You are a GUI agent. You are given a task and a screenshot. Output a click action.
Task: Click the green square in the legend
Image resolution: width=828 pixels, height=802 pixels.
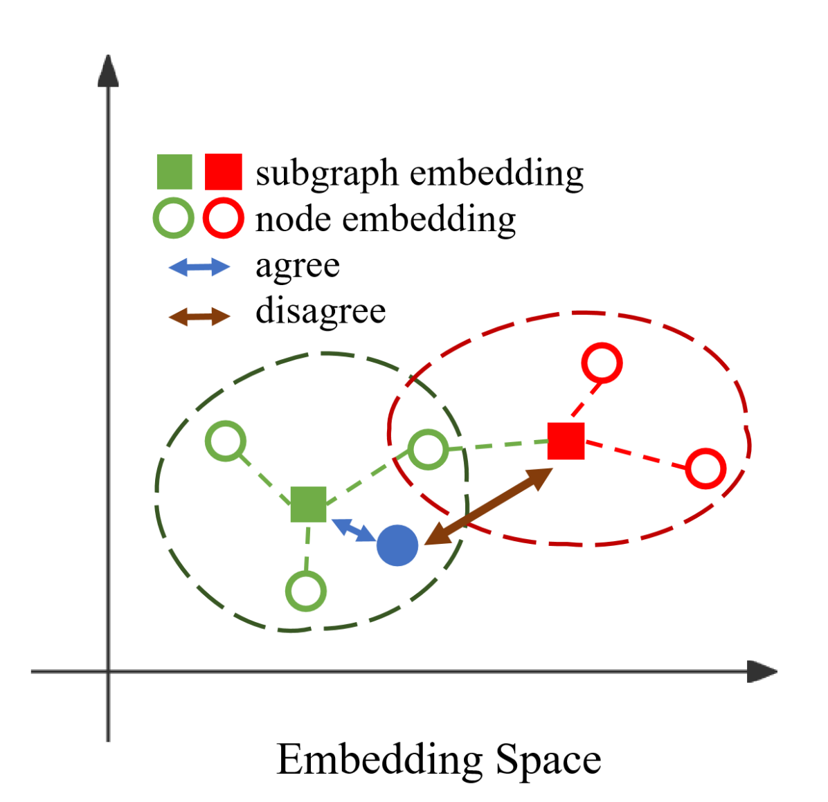174,172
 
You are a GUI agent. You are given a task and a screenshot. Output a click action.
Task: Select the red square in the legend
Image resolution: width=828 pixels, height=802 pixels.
224,172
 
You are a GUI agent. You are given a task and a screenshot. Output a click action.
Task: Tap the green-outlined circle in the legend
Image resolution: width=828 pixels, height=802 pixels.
173,218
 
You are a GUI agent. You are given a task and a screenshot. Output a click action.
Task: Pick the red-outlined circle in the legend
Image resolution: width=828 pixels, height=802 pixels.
223,218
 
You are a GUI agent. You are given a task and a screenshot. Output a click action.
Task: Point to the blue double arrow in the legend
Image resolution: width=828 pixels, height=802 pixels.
199,267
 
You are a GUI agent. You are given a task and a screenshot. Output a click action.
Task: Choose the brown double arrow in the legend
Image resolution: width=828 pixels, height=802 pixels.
199,317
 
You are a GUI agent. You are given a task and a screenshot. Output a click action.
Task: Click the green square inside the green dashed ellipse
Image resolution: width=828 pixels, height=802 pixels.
308,504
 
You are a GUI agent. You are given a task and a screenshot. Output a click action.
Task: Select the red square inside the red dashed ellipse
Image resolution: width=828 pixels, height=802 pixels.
566,441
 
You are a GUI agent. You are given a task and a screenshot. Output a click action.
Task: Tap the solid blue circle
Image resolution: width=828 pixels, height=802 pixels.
397,545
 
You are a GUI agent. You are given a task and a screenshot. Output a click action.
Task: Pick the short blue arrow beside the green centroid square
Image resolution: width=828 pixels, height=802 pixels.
353,530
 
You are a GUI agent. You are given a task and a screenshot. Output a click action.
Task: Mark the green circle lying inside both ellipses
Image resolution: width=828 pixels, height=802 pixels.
428,449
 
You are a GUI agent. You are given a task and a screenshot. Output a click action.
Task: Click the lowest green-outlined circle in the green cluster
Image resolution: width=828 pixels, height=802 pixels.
306,591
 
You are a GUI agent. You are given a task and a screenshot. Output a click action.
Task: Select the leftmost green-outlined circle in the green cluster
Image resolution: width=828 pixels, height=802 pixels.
226,441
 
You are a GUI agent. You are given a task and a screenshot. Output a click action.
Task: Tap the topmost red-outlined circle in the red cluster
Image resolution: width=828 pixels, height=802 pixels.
602,363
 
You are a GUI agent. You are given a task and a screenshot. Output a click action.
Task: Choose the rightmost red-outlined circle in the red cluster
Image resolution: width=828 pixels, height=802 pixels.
705,468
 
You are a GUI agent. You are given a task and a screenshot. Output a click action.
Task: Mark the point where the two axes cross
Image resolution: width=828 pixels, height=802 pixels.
108,671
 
